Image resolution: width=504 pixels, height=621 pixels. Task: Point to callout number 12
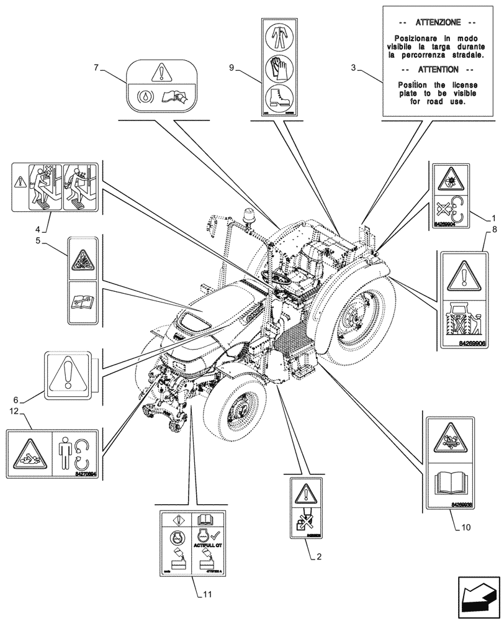pos(12,411)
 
